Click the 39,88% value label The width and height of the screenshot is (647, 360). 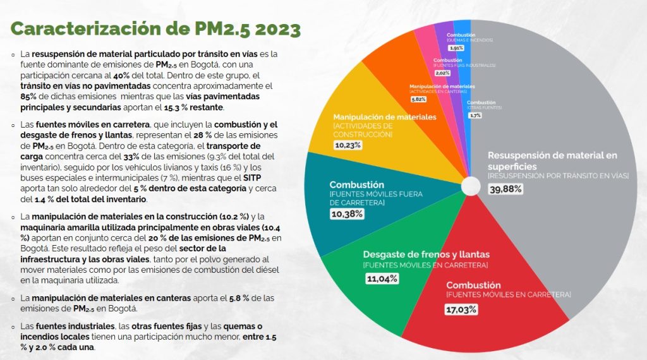507,189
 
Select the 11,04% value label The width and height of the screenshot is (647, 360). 381,279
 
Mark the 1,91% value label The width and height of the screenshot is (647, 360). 456,47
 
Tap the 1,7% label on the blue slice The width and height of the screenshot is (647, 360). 475,116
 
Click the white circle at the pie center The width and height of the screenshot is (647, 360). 471,186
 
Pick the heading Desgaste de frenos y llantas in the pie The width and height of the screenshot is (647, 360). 426,254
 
